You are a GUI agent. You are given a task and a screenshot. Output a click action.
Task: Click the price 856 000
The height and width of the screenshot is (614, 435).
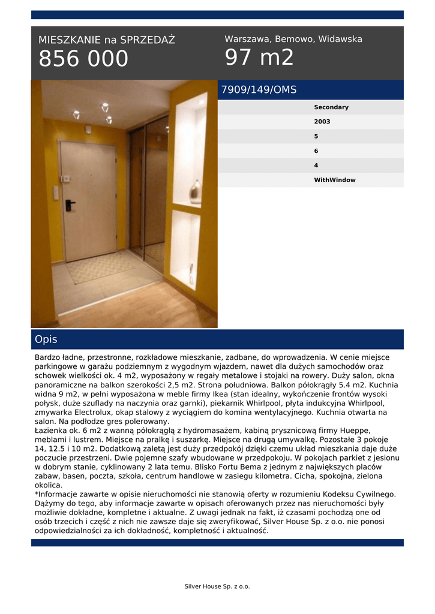(83, 59)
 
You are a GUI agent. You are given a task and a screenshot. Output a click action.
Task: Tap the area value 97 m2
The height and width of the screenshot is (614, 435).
(259, 58)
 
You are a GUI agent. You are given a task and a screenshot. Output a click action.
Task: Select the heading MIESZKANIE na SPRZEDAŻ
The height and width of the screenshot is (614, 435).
(107, 40)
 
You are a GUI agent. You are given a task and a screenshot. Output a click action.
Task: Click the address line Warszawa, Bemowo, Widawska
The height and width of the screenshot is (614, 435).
(293, 39)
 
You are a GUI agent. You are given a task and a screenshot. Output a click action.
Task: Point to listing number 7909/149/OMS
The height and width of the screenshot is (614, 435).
(259, 90)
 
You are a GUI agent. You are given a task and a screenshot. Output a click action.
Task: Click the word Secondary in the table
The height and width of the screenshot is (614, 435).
(331, 107)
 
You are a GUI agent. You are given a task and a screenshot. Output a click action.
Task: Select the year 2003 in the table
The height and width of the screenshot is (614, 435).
(322, 122)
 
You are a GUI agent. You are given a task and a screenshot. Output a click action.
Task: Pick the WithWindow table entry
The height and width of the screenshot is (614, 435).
(334, 180)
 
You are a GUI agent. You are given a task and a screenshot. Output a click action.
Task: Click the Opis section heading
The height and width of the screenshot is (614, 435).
(46, 339)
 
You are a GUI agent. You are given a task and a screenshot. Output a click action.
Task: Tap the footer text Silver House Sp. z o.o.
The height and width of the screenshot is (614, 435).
(217, 586)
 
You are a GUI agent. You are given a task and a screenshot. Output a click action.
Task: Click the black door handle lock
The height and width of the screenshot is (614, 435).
(70, 205)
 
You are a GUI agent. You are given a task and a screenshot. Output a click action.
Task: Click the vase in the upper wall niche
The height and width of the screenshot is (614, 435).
(195, 192)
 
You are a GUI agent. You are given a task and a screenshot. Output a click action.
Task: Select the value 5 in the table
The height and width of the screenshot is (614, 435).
(316, 136)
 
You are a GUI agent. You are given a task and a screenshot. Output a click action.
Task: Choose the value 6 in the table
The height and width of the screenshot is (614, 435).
(316, 151)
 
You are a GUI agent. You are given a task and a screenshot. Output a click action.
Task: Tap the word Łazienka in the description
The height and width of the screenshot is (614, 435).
(52, 431)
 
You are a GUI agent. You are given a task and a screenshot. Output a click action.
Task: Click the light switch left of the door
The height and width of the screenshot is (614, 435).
(56, 192)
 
